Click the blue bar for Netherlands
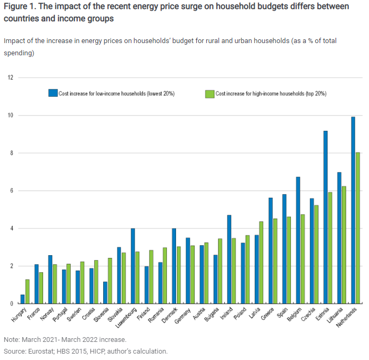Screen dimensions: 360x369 tap(353, 210)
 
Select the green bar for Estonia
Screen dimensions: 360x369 tap(330, 248)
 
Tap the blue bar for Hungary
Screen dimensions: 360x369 tap(22, 299)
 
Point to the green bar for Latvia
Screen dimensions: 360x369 tap(261, 262)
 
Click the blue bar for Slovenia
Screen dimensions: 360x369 tap(105, 292)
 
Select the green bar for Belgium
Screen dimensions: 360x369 tap(303, 259)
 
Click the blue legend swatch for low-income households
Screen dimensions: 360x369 tap(53, 93)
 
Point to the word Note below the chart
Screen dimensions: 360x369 tap(11, 339)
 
